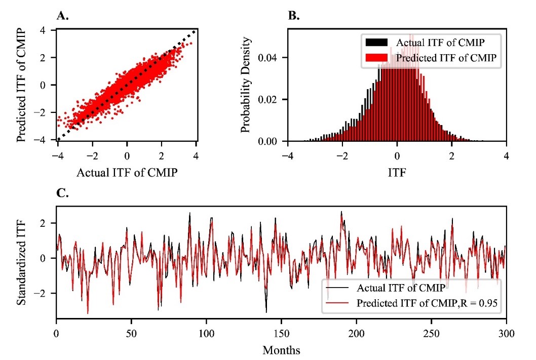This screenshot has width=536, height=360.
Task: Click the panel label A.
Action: pyautogui.click(x=62, y=16)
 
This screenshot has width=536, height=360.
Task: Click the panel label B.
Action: pyautogui.click(x=293, y=16)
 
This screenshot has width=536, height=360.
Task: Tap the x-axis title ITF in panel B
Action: pyautogui.click(x=397, y=172)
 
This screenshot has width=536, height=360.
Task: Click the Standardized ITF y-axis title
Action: pyautogui.click(x=21, y=262)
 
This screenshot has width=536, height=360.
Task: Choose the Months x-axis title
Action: pyautogui.click(x=281, y=350)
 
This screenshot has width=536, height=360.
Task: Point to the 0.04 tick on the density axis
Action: pyautogui.click(x=272, y=57)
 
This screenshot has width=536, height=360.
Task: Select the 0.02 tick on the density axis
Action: pyautogui.click(x=272, y=99)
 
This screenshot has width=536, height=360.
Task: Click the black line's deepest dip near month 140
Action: pyautogui.click(x=266, y=312)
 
